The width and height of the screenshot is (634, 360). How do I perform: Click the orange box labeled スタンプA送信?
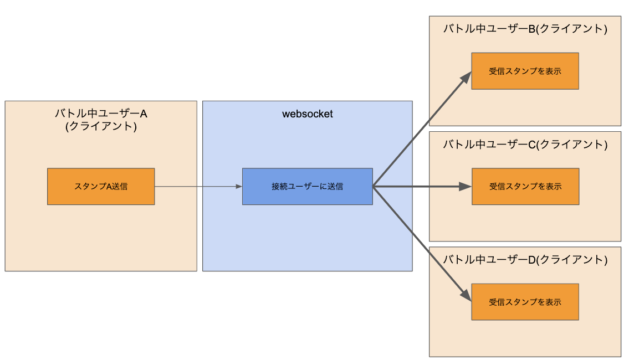[101, 187]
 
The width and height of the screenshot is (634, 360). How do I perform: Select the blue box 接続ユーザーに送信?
[307, 187]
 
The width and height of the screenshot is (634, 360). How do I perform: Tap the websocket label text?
[307, 114]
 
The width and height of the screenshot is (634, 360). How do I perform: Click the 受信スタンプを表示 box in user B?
[525, 71]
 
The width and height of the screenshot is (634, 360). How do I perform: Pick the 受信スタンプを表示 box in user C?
[525, 187]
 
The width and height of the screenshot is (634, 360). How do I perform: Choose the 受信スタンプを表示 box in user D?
[525, 302]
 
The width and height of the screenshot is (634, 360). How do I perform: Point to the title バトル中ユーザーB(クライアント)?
[525, 29]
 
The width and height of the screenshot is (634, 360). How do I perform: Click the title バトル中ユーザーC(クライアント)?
[525, 145]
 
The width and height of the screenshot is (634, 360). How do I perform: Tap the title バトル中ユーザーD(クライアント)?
[525, 260]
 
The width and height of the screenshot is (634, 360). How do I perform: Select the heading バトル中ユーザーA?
[101, 114]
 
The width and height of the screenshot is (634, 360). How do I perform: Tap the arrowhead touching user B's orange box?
[467, 76]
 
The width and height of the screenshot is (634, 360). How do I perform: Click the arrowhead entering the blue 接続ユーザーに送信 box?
[239, 187]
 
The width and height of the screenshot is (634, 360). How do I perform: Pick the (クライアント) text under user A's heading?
[101, 126]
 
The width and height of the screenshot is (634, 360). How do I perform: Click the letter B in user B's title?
[531, 29]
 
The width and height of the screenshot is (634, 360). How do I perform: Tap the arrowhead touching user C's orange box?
[467, 187]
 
